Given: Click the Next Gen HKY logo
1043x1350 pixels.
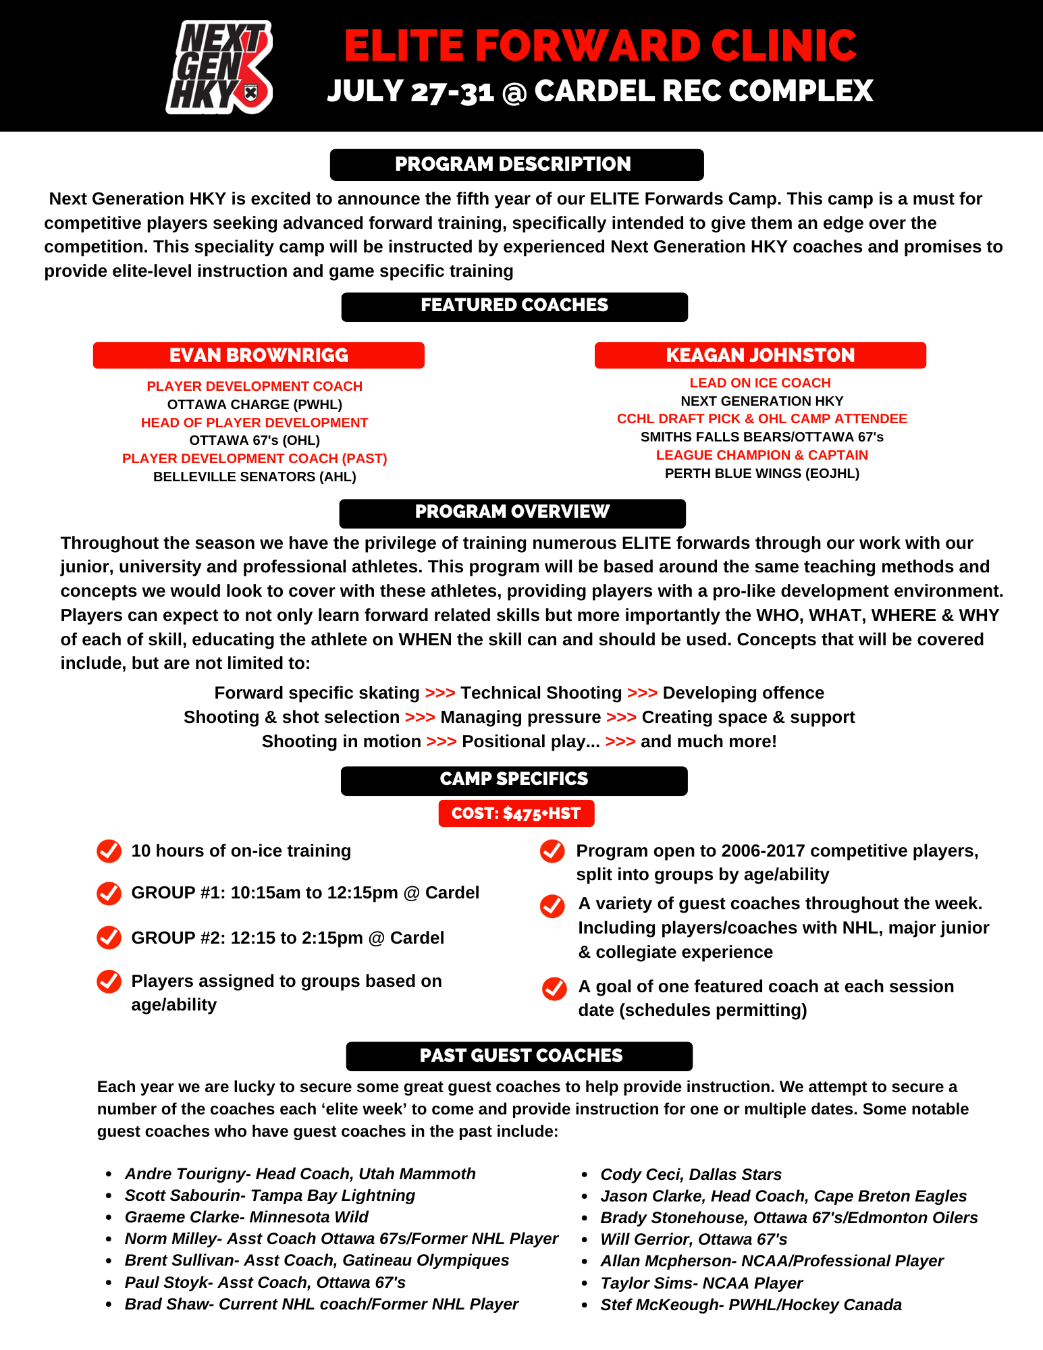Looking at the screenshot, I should (x=219, y=67).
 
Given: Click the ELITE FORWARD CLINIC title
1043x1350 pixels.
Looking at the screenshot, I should (x=599, y=45).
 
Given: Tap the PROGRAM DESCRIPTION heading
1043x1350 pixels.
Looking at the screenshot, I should (x=516, y=165).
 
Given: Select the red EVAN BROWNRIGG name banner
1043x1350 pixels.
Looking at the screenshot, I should (x=259, y=355).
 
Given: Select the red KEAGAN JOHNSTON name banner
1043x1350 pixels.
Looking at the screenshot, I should (x=760, y=355).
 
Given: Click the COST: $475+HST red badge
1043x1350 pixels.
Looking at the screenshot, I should (x=516, y=813).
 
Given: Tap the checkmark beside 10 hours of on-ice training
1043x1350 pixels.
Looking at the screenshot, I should (x=109, y=851).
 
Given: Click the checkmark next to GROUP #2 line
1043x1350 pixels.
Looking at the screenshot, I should (x=109, y=938).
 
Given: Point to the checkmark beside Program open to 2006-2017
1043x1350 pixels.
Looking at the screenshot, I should (x=552, y=851).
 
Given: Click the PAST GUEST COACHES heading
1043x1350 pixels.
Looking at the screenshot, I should (x=519, y=1056).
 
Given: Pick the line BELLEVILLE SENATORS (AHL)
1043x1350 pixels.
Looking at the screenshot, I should (x=255, y=477).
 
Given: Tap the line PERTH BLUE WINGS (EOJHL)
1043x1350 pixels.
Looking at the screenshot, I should (x=761, y=473).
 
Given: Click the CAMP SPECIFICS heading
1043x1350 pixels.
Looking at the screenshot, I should (x=514, y=780).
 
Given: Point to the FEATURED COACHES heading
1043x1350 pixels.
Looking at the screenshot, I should (x=514, y=306).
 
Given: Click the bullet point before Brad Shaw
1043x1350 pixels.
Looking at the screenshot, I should (x=109, y=1305).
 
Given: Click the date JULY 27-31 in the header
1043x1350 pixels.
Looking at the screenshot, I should (x=410, y=91).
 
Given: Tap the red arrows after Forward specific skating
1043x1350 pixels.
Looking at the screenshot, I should (x=439, y=693).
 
